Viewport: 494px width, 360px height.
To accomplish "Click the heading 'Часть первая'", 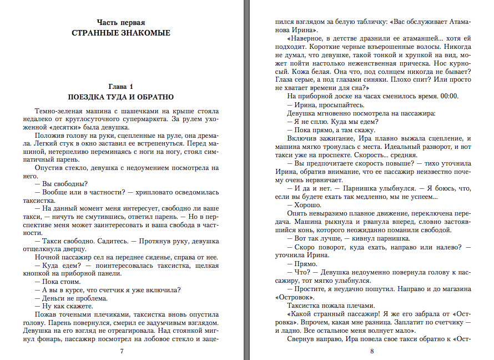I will [121, 23].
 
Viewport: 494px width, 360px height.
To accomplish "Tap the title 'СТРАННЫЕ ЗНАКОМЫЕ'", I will [121, 33].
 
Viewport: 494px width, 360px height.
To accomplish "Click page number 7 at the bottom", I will [122, 351].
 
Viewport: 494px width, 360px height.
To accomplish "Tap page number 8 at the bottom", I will [372, 351].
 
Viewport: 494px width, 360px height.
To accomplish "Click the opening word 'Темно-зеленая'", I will [57, 111].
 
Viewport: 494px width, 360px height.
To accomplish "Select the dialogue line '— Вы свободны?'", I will [62, 184].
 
